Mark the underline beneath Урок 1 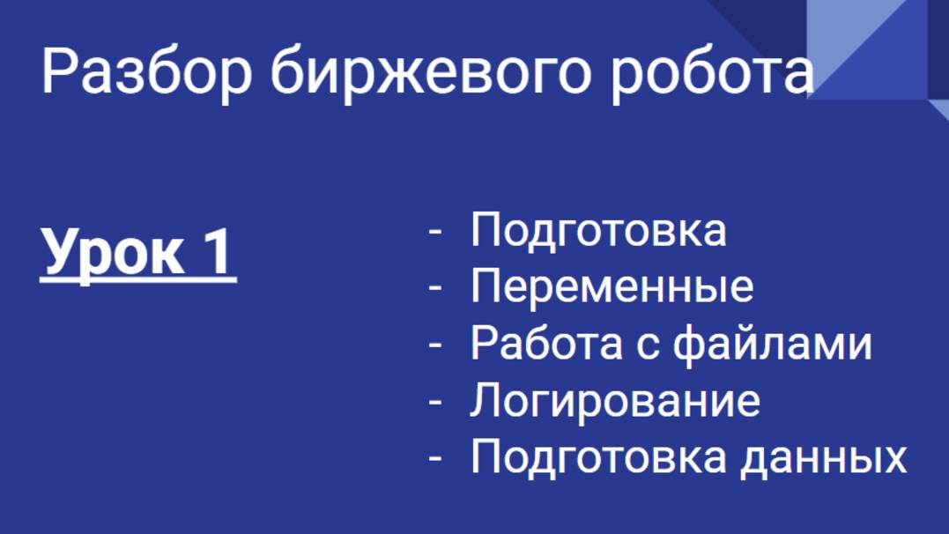(138, 281)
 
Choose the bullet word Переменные (612, 286)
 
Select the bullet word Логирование (615, 400)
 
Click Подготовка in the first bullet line (598, 230)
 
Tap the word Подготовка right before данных (598, 456)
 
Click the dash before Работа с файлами (434, 345)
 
